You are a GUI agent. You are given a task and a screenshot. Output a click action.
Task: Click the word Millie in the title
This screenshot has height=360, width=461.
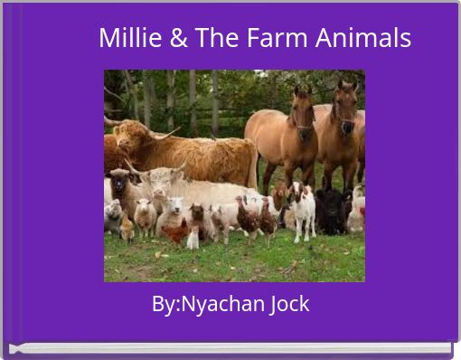click(126, 39)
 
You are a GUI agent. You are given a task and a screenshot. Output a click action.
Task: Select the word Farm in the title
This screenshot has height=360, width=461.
click(271, 39)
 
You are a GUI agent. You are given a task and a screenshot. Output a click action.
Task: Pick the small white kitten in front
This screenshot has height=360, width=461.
click(193, 237)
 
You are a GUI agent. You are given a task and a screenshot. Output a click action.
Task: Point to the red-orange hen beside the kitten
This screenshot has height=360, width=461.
click(177, 233)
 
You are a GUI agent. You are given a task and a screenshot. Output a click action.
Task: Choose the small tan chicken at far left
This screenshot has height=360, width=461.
click(127, 228)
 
